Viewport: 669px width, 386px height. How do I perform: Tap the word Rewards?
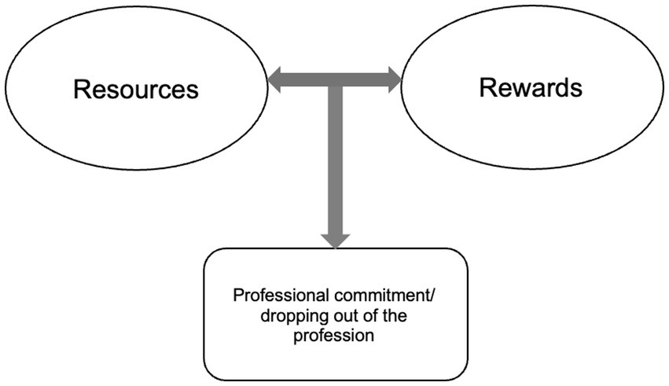(531, 87)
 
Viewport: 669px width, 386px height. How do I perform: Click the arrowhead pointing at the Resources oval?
(275, 78)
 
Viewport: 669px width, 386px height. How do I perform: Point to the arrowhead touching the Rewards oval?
(393, 78)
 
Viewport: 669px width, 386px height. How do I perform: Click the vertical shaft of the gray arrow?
(335, 157)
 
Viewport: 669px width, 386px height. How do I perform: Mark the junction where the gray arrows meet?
(335, 79)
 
